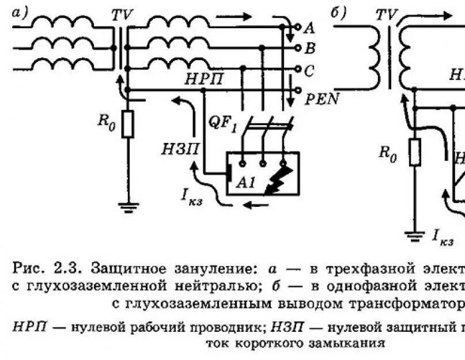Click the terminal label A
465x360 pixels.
(309, 28)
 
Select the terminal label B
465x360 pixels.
(309, 48)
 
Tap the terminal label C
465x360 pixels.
(309, 70)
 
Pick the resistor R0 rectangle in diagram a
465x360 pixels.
(128, 124)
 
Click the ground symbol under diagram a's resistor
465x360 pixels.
(128, 204)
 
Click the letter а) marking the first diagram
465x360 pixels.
(20, 13)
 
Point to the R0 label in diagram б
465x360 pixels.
(387, 154)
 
